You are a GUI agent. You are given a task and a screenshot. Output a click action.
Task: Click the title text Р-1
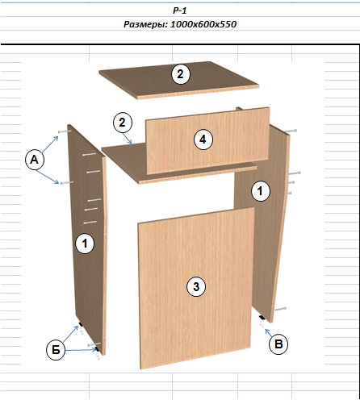[180, 10]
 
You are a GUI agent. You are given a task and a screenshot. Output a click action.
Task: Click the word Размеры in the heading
[146, 24]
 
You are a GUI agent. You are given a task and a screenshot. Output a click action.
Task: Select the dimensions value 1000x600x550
[203, 24]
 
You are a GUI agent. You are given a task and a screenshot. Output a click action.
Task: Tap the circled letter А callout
[35, 160]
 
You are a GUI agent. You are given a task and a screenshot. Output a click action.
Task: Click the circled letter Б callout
[56, 350]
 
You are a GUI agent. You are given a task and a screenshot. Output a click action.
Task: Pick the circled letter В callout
[278, 344]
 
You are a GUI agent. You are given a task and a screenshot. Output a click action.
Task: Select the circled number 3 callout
[196, 287]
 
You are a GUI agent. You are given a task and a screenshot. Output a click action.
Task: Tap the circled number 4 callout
[203, 140]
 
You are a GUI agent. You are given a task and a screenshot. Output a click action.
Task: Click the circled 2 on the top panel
[181, 74]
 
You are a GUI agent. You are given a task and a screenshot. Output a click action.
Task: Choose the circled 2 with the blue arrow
[123, 123]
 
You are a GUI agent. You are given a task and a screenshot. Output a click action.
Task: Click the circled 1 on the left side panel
[85, 244]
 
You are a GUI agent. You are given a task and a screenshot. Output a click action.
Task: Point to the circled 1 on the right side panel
[260, 191]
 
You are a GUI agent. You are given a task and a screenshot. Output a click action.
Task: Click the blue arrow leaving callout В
[268, 332]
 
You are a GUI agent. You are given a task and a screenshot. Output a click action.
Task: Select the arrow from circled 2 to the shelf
[128, 138]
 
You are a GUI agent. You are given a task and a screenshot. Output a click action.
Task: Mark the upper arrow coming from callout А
[50, 145]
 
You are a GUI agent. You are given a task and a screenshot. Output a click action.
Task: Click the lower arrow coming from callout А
[48, 177]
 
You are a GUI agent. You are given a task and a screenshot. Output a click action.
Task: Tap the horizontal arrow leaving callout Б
[81, 350]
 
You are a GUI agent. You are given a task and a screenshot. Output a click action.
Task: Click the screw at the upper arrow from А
[65, 131]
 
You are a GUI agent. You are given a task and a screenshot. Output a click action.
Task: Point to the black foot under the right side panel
[262, 318]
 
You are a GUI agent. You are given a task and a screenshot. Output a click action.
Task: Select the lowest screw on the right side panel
[280, 309]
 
